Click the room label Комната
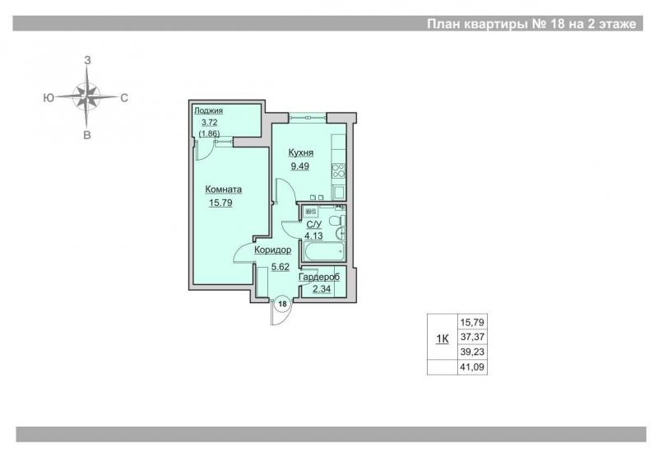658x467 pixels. (x=223, y=189)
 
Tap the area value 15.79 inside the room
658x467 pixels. (x=220, y=203)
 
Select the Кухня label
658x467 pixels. (x=301, y=152)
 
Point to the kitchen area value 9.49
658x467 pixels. (x=300, y=166)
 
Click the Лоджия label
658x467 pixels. (x=209, y=110)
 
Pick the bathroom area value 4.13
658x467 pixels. (x=313, y=236)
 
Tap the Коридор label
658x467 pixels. (x=273, y=250)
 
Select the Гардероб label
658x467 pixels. (x=319, y=277)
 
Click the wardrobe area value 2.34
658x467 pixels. (x=322, y=289)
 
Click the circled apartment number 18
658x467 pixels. (x=283, y=304)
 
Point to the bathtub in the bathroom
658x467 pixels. (x=324, y=252)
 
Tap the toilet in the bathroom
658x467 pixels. (x=337, y=221)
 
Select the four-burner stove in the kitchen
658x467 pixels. (x=338, y=170)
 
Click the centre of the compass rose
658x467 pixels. (x=86, y=96)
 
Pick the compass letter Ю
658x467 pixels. (x=49, y=98)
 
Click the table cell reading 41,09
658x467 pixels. (x=472, y=367)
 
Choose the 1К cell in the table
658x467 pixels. (x=443, y=339)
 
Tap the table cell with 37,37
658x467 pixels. (x=472, y=337)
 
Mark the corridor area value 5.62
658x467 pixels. (x=280, y=267)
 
